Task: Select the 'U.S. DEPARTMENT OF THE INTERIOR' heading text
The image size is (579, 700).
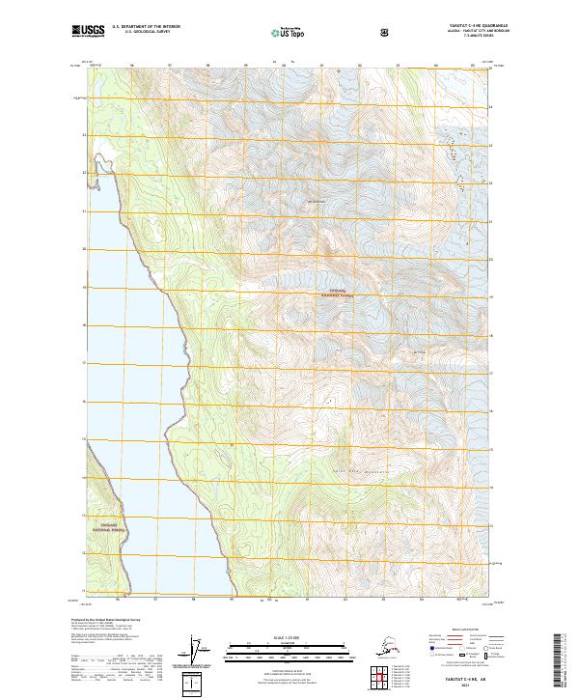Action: click(147, 27)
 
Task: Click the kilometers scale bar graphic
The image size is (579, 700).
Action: click(289, 645)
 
